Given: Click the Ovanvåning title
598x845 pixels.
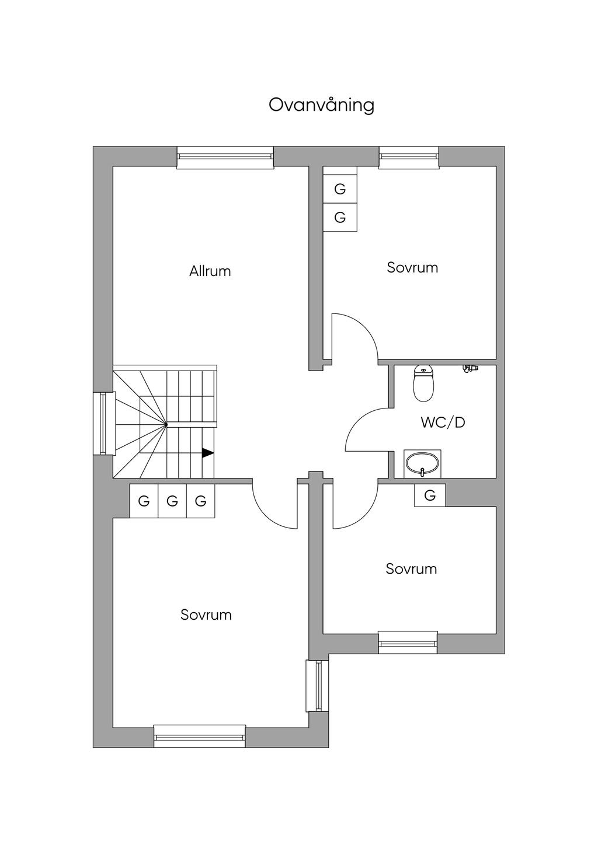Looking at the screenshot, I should click(321, 105).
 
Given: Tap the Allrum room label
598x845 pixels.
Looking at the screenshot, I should click(210, 271).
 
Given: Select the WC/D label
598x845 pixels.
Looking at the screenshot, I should click(443, 423).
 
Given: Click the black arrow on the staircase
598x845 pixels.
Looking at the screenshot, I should click(208, 453).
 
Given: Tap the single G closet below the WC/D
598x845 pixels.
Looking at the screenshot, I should click(430, 495).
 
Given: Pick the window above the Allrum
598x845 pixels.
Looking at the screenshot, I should click(225, 157).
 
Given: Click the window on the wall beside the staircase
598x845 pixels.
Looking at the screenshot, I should click(103, 423).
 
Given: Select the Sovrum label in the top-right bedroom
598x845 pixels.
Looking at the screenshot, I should click(412, 268).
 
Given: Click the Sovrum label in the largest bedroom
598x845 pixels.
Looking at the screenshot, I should click(206, 615).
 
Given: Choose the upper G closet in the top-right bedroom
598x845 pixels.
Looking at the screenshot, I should click(340, 189).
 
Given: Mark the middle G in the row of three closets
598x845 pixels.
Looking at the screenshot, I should click(172, 501).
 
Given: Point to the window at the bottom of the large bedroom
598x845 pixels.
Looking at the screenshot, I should click(199, 737).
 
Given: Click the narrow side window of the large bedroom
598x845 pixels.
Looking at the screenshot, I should click(318, 686).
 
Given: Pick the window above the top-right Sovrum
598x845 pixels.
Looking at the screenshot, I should click(409, 157).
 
